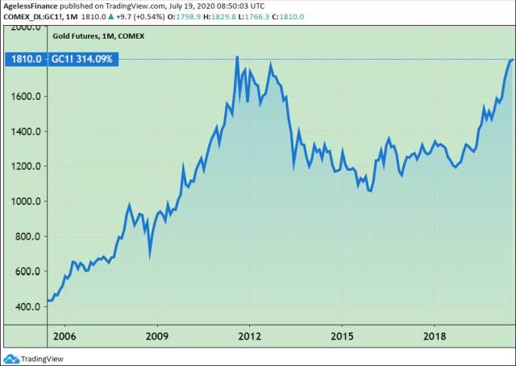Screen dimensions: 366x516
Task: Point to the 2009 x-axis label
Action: coord(156,335)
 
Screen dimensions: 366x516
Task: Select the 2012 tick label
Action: coord(249,335)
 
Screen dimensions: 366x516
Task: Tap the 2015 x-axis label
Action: coord(343,335)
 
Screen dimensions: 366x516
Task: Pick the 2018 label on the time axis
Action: coord(435,335)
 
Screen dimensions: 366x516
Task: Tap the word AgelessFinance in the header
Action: coord(31,5)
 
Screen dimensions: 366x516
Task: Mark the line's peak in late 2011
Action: coord(237,57)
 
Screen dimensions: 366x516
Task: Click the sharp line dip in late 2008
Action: coord(150,256)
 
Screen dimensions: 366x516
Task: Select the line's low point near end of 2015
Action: coord(371,191)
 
